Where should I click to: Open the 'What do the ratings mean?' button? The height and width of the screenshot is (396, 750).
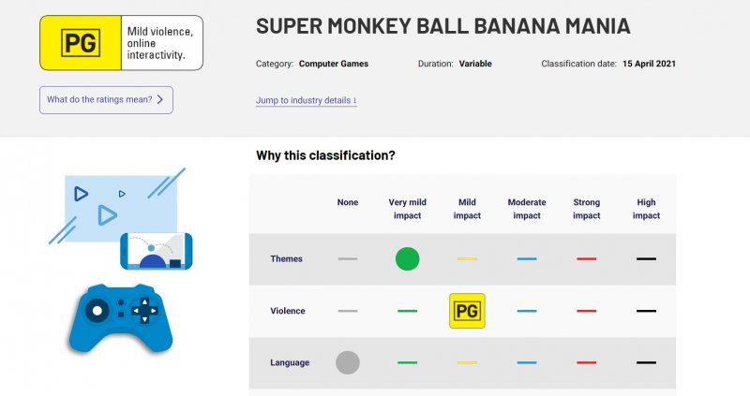(106, 100)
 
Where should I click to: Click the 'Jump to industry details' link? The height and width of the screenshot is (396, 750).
(306, 100)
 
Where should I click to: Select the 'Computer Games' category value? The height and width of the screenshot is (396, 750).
(334, 64)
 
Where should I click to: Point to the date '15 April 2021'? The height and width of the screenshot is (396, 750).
(649, 64)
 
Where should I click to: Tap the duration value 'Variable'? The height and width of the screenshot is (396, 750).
(475, 64)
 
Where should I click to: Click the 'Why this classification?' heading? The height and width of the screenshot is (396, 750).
(325, 155)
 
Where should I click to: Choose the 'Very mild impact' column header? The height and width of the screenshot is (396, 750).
(407, 209)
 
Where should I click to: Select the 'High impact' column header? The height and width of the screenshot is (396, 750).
(646, 209)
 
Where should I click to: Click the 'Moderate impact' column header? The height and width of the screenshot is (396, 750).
(527, 209)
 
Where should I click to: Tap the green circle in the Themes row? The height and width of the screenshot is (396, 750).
(407, 258)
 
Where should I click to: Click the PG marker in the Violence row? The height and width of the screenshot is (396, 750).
(467, 311)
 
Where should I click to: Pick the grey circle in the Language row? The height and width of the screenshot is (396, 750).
(348, 362)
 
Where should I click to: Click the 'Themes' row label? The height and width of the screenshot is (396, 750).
(286, 259)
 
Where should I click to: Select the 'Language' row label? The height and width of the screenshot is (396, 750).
(289, 362)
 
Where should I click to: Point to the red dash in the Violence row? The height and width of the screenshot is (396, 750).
(587, 311)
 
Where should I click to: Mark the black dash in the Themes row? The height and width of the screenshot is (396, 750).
(646, 258)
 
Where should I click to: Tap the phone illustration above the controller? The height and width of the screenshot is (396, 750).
(156, 251)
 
